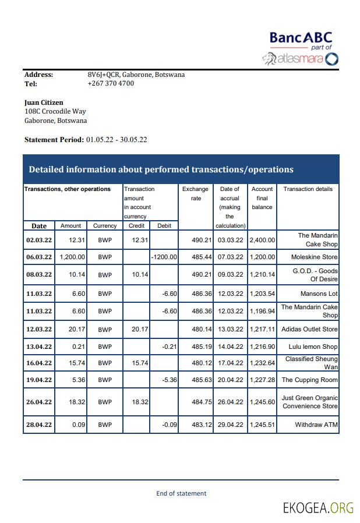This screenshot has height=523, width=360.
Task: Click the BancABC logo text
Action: coord(300,38)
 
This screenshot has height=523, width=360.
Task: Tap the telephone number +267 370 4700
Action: coord(111,83)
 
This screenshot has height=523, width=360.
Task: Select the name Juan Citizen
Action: coord(44,103)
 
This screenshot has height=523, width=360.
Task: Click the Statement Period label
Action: coord(54,140)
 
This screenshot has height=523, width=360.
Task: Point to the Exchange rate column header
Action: coord(196,193)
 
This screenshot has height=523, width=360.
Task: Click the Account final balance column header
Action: coord(262,198)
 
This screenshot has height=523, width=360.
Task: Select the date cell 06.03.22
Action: coord(39,257)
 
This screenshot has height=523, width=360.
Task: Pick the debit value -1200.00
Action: coord(164,257)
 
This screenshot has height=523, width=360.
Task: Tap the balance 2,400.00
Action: coord(262,240)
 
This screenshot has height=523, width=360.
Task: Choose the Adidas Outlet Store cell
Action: coord(309,329)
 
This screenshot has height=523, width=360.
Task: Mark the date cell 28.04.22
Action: coord(39,425)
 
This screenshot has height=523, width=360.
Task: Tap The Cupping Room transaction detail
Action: coord(309,380)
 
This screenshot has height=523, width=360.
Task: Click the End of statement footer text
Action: coord(181,493)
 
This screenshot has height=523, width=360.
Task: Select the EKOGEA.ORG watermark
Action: coord(318,508)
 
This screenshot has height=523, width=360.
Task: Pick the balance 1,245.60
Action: coord(262,402)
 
